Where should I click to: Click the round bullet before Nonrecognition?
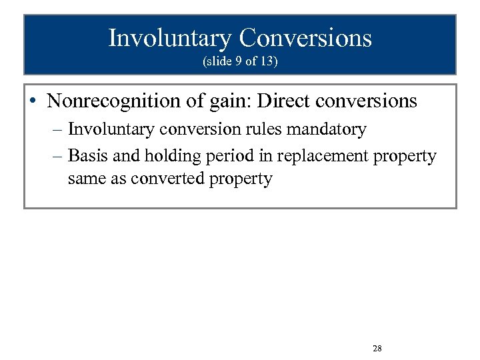tap(33, 101)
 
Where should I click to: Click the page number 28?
tap(377, 349)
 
